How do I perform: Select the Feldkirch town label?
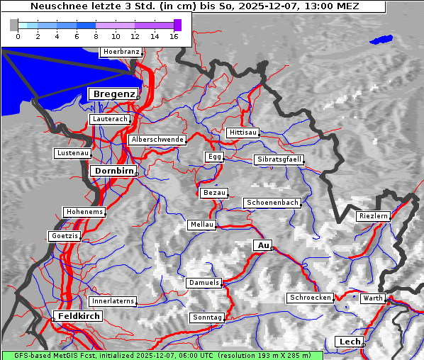(x=78, y=315)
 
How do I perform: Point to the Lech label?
(x=350, y=342)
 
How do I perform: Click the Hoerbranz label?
(x=121, y=52)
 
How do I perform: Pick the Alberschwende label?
(x=157, y=140)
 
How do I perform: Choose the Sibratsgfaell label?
(x=279, y=159)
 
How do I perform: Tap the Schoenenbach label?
(x=272, y=203)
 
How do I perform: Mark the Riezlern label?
(x=373, y=215)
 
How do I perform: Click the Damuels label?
(x=204, y=283)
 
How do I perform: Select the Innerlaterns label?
(x=113, y=301)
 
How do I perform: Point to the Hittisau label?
(x=243, y=133)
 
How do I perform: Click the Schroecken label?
(x=311, y=298)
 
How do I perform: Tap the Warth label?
(x=372, y=298)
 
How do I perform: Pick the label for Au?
(x=262, y=245)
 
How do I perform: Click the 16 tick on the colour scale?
(x=174, y=36)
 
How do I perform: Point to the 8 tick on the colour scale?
(x=96, y=36)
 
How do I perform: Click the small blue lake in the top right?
(x=381, y=40)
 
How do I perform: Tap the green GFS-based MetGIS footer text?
(x=162, y=355)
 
